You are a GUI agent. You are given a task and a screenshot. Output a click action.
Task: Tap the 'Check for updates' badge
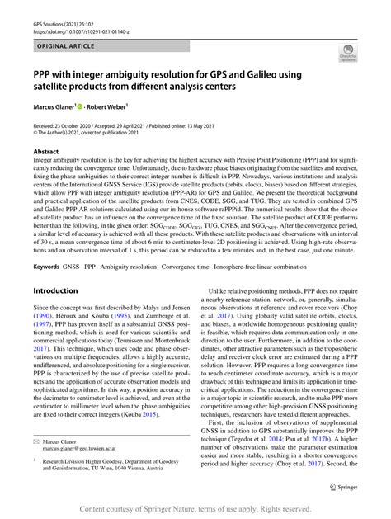[x=341, y=55]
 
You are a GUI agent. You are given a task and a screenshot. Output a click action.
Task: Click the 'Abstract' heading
[x=45, y=153]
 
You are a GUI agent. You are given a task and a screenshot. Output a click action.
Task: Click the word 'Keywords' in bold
[x=48, y=270]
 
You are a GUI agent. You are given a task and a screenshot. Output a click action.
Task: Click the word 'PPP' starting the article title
[x=44, y=73]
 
